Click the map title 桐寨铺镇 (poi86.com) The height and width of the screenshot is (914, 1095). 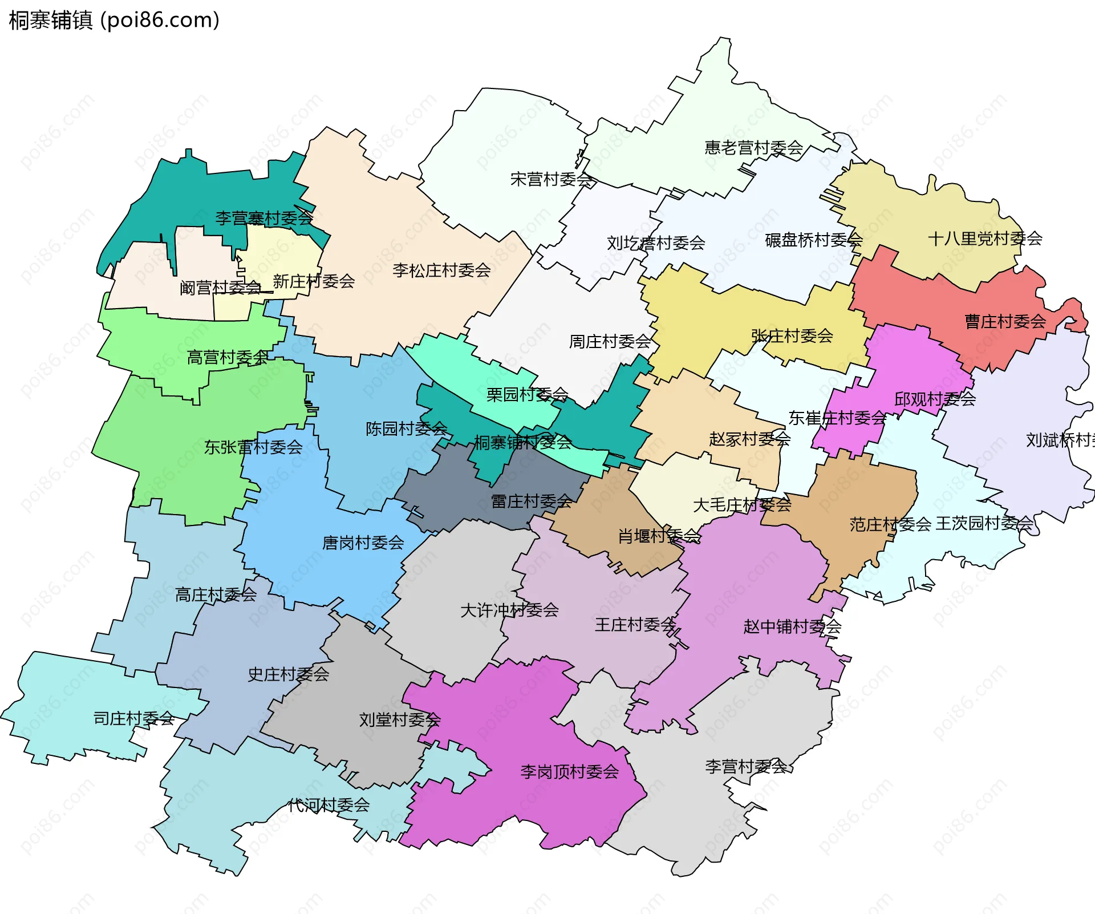114,21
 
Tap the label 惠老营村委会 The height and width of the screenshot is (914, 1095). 753,148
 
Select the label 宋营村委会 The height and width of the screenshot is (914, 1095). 551,180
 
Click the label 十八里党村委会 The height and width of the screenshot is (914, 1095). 985,238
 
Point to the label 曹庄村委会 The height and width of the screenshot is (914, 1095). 1005,322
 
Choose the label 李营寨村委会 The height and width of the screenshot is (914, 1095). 264,218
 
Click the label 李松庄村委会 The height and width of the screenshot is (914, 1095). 441,270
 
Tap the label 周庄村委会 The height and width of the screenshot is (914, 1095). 610,342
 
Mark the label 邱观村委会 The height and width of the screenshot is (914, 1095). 935,399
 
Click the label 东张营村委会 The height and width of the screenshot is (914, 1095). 253,447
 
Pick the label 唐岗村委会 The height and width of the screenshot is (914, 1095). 363,543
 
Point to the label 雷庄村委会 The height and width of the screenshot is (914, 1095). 532,502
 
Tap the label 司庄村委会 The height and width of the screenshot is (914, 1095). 134,718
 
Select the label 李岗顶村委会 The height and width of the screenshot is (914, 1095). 569,772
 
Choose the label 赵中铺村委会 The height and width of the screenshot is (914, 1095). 792,626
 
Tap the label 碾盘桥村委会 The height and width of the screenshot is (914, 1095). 813,240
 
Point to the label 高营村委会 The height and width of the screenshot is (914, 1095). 228,358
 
